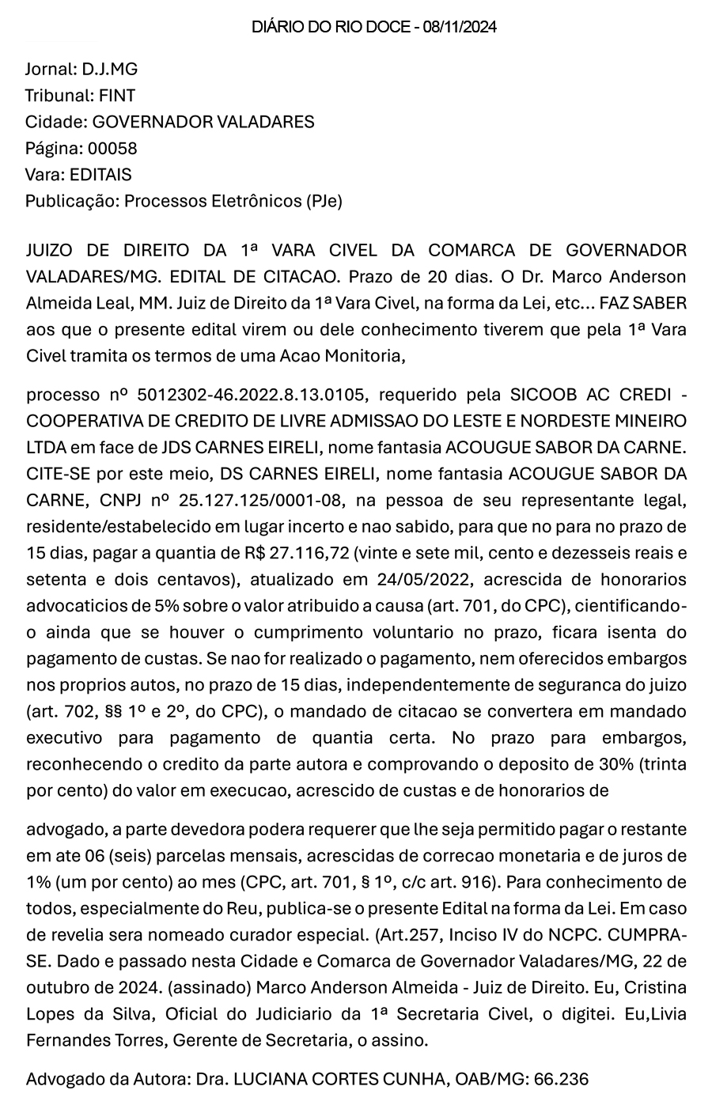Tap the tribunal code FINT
coord(116,96)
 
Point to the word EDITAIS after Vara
coord(100,174)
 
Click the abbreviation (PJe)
coord(324,201)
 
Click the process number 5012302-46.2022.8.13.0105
coord(258,394)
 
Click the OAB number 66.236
coord(562,1078)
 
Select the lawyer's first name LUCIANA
coord(269,1078)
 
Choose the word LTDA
coord(45,447)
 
